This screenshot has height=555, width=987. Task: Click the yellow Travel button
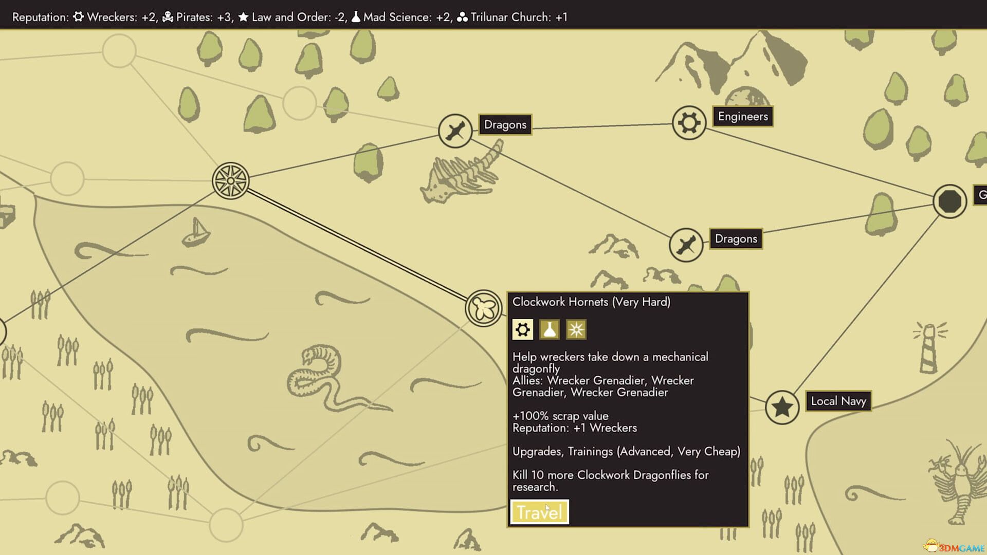pos(539,512)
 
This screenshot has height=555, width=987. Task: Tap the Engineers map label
pos(742,117)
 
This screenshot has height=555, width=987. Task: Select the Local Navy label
pos(838,401)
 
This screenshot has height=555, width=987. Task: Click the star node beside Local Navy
pos(782,407)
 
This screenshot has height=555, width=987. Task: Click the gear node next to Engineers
pos(689,123)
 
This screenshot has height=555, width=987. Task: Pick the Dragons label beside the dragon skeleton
pos(505,124)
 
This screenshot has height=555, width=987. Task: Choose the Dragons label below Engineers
pos(736,238)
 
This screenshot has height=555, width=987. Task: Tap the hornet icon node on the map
pos(483,308)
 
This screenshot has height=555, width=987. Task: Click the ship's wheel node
pos(231,181)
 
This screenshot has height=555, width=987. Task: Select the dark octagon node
pos(949,201)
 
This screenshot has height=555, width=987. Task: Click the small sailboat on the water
pos(196,233)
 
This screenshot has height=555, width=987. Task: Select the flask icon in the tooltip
pos(549,329)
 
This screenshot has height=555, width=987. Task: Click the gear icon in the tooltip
pos(522,329)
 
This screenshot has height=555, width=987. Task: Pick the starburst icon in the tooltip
pos(576,329)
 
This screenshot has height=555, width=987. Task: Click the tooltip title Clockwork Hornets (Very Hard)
pos(591,302)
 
